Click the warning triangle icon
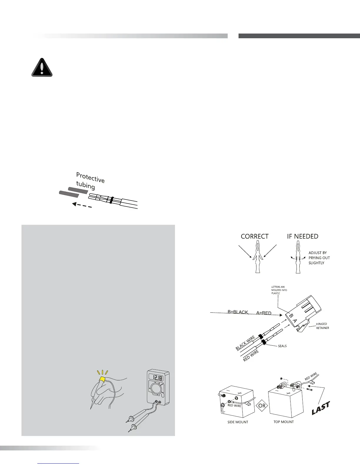(x=42, y=68)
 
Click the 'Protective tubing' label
(x=90, y=181)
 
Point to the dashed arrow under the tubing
(x=82, y=205)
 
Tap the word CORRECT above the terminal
(x=254, y=236)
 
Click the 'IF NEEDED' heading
(x=302, y=236)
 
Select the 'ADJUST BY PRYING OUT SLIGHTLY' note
(x=319, y=258)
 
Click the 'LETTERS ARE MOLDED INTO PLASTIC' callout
(x=279, y=290)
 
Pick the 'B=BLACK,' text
(x=238, y=312)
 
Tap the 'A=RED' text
(x=264, y=313)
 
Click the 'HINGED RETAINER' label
(x=322, y=326)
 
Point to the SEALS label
(x=282, y=346)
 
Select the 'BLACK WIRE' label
(x=245, y=343)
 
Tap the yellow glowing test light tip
(x=103, y=379)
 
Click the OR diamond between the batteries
(x=262, y=406)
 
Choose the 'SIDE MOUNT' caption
(x=238, y=422)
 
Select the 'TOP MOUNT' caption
(x=284, y=422)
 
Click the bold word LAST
(x=321, y=408)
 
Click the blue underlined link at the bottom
(x=59, y=463)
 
